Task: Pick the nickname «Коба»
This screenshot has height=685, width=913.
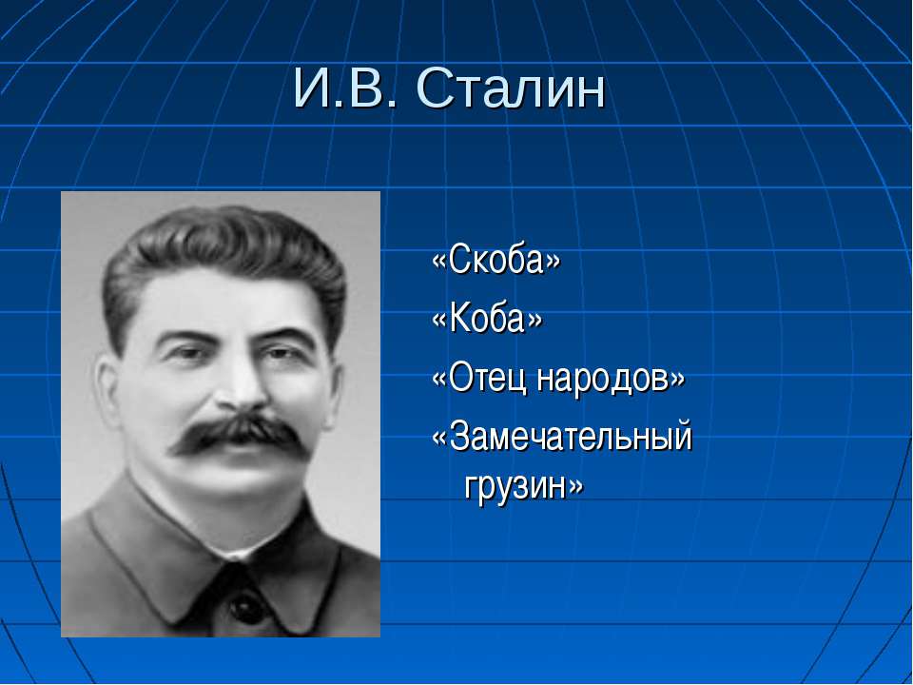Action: click(x=487, y=319)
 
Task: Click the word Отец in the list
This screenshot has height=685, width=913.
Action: click(x=479, y=378)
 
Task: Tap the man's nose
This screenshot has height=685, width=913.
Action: click(x=242, y=384)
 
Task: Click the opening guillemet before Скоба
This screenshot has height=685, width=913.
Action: click(x=439, y=261)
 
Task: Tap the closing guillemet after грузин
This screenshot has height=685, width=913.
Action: click(x=576, y=486)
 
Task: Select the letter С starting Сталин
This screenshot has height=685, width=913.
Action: click(x=432, y=89)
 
